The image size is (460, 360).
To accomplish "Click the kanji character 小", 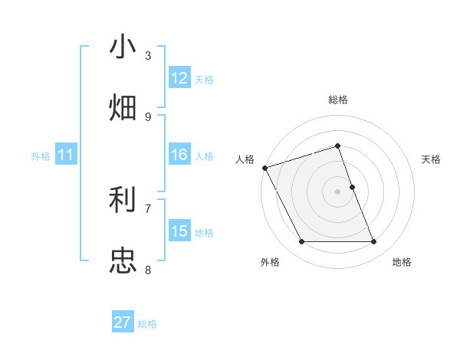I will coord(123,47).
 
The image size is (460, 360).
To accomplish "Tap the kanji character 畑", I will coord(123,107).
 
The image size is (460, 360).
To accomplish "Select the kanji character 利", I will coord(123,201).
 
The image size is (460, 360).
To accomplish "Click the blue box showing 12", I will coord(179,78).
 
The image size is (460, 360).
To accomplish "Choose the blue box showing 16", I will coord(179,155).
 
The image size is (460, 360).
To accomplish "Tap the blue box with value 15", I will coord(179,231).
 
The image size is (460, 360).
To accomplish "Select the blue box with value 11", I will coord(65,155).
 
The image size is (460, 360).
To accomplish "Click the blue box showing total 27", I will coord(123,322).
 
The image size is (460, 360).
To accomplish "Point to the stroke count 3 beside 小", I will coord(148,56).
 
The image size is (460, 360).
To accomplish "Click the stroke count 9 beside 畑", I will coord(148,116).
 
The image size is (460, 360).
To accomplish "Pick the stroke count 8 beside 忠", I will coord(148,269).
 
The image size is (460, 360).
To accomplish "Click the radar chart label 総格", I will coord(338,100).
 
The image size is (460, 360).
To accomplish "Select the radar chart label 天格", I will coord(431,159).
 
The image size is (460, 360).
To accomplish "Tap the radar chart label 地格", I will coord(402,262).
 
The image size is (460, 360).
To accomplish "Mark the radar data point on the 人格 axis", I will coord(265,168).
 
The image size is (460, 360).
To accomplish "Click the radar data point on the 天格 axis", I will coord(352,187).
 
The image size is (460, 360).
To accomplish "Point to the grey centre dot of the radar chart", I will coord(338,191).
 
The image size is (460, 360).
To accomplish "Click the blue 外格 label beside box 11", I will coord(41,156).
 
